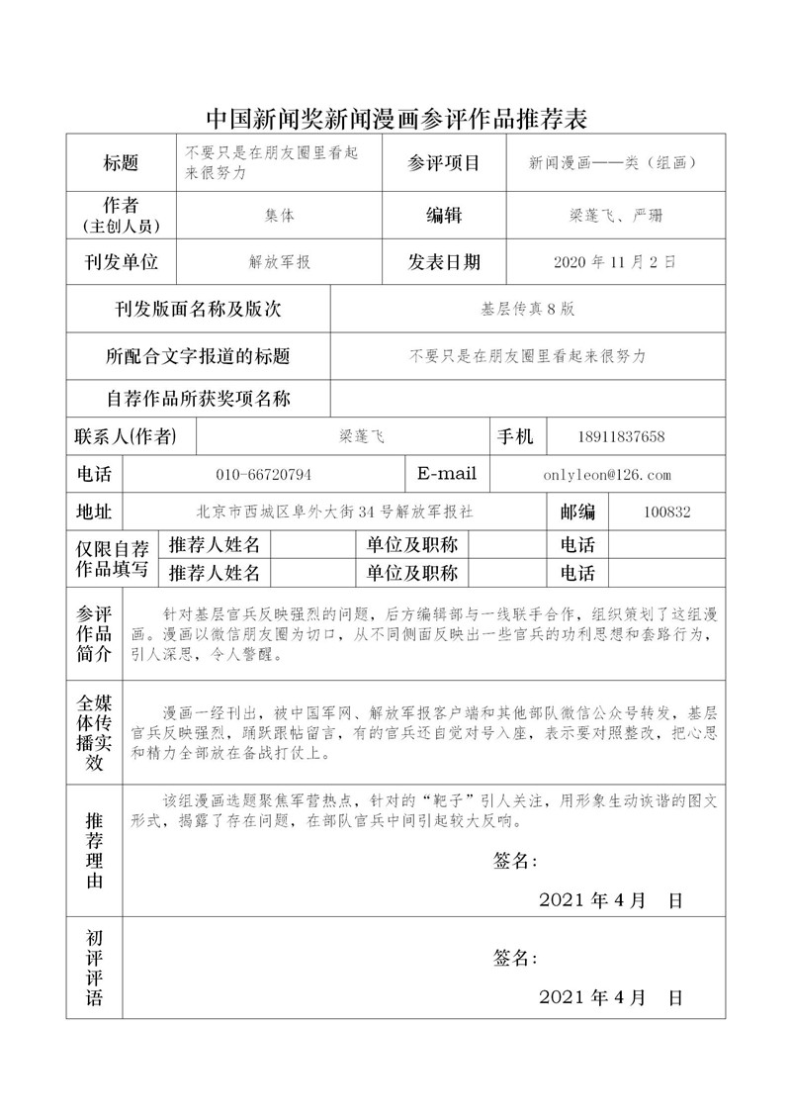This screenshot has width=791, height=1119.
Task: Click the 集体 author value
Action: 279,216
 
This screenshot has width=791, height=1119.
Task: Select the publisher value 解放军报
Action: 280,263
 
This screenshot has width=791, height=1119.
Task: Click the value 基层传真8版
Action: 527,309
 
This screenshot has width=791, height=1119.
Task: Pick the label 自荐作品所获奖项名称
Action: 198,399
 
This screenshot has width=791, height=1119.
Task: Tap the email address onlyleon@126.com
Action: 607,475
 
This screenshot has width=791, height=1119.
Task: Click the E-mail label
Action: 447,474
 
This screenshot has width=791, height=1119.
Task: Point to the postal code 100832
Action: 666,512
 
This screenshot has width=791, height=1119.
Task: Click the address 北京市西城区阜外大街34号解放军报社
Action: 334,512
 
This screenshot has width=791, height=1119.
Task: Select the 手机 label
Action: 516,436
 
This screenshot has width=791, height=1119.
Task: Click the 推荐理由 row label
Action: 94,852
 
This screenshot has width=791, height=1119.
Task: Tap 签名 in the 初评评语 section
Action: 515,958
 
